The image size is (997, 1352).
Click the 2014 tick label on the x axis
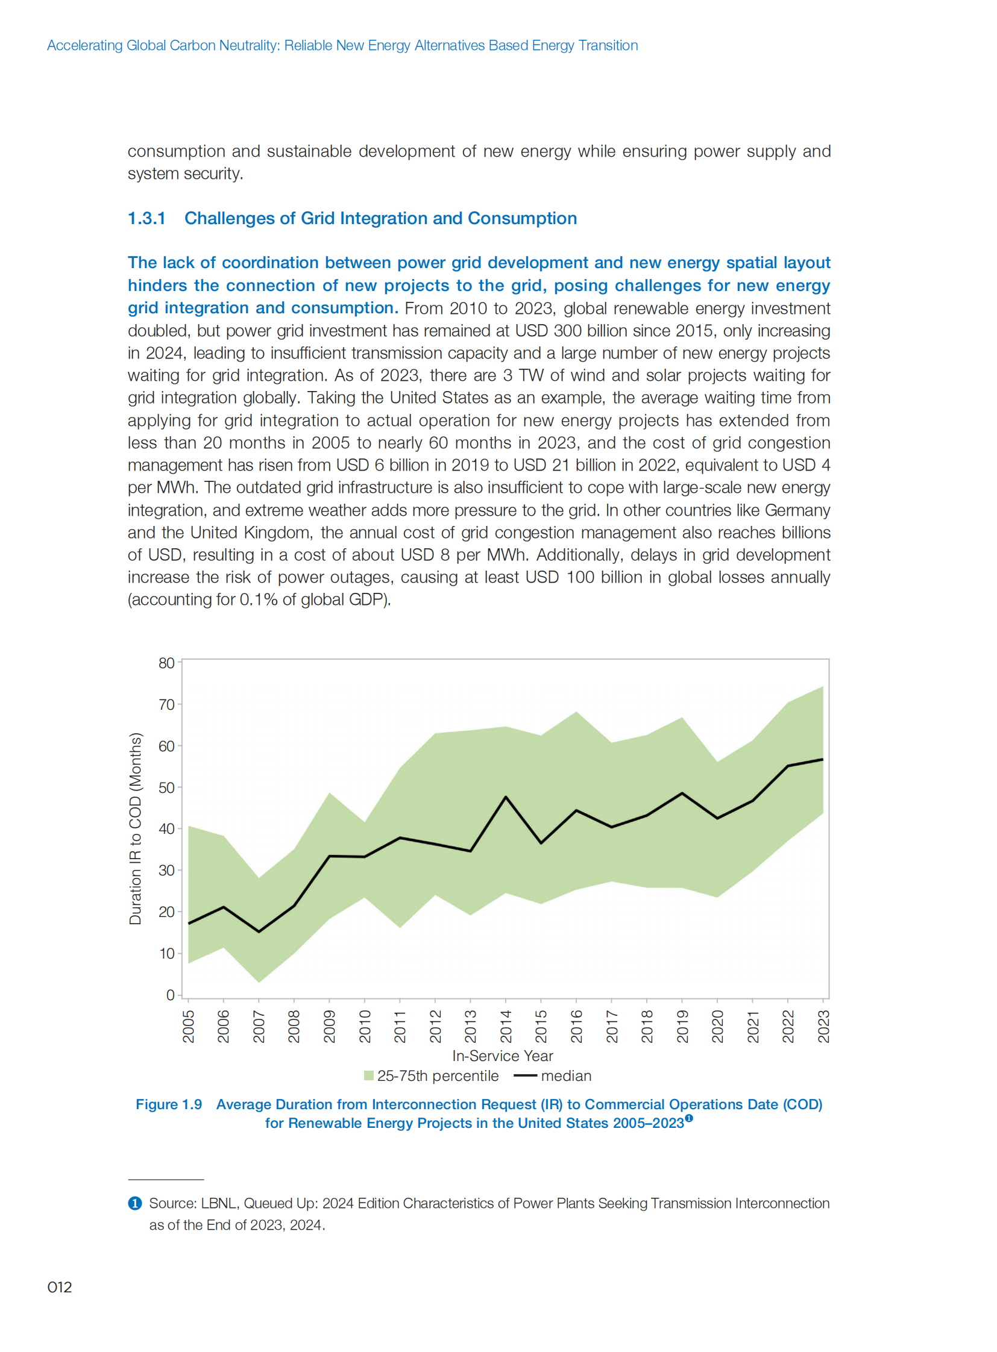tap(506, 1026)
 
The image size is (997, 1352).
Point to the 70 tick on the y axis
tap(166, 705)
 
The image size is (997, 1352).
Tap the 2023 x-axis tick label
tap(823, 1026)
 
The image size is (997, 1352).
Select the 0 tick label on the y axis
tap(170, 995)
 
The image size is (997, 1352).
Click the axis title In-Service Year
tap(502, 1056)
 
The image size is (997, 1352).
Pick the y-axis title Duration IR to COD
tap(135, 828)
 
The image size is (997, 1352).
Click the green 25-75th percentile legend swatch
tap(369, 1075)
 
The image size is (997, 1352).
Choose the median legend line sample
tap(524, 1075)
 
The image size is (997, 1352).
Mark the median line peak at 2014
tap(506, 797)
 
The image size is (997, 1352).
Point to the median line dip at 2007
tap(259, 931)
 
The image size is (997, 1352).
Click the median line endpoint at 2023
tap(823, 759)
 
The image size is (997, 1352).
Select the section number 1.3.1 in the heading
tap(146, 218)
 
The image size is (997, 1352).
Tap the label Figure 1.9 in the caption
tap(168, 1104)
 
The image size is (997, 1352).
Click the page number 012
tap(59, 1287)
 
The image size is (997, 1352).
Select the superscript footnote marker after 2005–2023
tap(689, 1118)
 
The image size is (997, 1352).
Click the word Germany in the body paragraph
tap(797, 510)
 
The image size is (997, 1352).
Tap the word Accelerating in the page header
tap(84, 45)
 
